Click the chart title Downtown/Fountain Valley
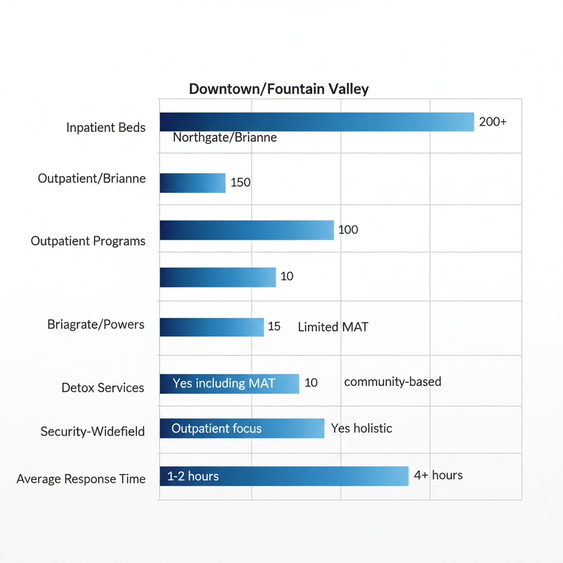(279, 89)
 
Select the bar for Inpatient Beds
(317, 122)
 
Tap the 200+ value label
(493, 122)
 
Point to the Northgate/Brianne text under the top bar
(224, 137)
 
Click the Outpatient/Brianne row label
(92, 179)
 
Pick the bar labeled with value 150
(192, 183)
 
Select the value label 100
(348, 230)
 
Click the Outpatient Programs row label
(88, 241)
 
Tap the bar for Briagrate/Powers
(212, 327)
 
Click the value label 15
(274, 327)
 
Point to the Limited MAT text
(333, 327)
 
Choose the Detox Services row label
(103, 388)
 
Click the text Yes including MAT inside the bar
(224, 383)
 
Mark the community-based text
(393, 382)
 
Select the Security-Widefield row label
(93, 432)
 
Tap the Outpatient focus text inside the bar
(217, 428)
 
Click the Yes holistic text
(362, 428)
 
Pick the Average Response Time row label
(81, 479)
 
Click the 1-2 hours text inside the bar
(193, 476)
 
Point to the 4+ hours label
(438, 475)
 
